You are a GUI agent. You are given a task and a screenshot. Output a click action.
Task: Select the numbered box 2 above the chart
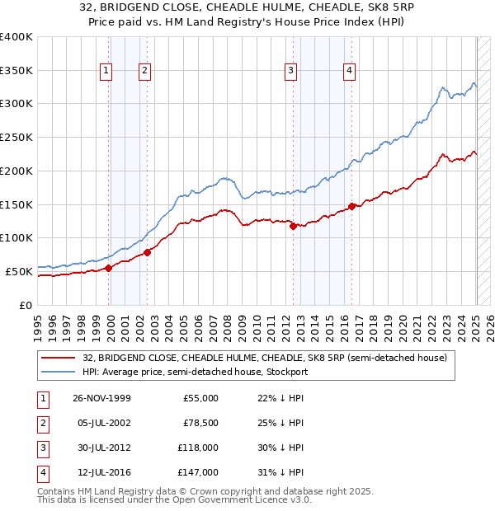click(144, 72)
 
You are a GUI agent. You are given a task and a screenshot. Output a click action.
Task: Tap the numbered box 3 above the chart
click(291, 72)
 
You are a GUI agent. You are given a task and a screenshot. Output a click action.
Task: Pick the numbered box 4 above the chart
click(350, 72)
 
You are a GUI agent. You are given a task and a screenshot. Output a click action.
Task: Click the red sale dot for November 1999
click(108, 267)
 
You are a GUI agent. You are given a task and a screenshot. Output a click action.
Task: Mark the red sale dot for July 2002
click(147, 251)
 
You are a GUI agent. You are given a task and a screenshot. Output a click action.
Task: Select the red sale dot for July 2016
click(351, 206)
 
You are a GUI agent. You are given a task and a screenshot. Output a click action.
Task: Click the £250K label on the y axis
click(16, 138)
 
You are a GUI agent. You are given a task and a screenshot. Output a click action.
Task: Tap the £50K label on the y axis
click(19, 271)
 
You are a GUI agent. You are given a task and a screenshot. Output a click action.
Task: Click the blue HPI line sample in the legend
click(58, 372)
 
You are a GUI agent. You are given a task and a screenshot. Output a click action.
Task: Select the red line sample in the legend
click(58, 359)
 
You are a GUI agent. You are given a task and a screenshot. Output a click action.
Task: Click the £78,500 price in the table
click(200, 424)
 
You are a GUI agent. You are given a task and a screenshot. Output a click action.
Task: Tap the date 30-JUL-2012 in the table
click(101, 448)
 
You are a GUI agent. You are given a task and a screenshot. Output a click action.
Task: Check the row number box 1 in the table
click(42, 398)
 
